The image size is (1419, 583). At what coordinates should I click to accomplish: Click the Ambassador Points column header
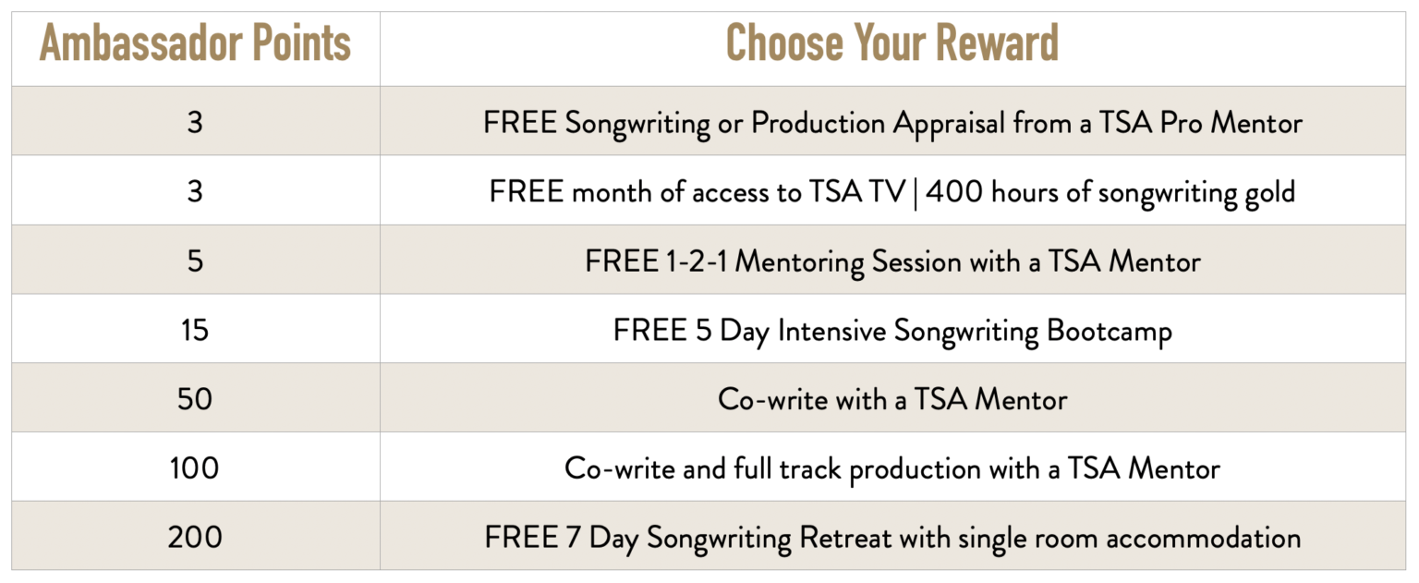tap(195, 43)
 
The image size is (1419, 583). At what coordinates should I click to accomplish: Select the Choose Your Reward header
tap(891, 43)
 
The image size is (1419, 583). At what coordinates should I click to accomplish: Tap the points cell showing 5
tap(195, 261)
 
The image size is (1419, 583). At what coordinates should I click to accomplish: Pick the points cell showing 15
tap(195, 330)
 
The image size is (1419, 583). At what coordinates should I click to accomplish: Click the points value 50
tap(195, 399)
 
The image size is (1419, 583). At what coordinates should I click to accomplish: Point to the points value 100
tap(195, 468)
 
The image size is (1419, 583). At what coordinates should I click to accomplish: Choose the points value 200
tap(195, 538)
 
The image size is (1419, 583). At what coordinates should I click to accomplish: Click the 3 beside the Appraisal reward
tap(195, 122)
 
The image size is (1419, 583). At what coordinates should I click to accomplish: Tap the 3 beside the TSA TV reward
tap(195, 191)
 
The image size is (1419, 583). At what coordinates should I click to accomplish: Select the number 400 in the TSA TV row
tap(954, 191)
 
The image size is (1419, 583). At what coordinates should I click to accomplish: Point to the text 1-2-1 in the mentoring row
tap(697, 261)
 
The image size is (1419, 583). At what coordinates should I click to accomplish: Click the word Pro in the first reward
tap(1181, 122)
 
